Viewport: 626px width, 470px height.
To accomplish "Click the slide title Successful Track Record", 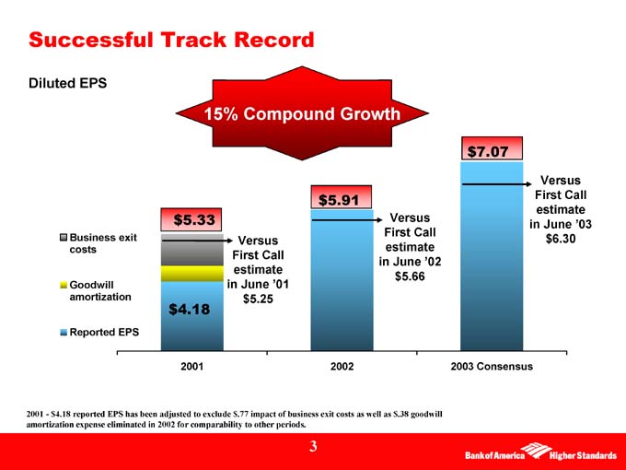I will click(x=171, y=40).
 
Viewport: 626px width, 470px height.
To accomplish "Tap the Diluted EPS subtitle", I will click(x=68, y=83).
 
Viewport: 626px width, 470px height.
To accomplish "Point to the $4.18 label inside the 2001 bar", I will click(x=191, y=310).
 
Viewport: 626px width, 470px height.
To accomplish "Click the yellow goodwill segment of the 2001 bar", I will click(x=192, y=274).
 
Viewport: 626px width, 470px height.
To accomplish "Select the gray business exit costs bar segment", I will click(x=192, y=251).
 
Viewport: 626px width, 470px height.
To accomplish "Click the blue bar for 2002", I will click(x=342, y=286).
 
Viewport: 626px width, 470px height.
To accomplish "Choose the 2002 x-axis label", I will click(x=342, y=366).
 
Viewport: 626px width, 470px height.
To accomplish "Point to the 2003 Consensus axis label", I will click(x=492, y=366).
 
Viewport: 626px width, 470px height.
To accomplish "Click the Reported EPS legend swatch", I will click(x=63, y=332).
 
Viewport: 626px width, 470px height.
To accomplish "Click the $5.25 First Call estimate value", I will click(x=259, y=299).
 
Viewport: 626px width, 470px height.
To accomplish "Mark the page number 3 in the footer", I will click(x=313, y=447).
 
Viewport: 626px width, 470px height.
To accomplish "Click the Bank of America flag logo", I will click(x=531, y=452).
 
